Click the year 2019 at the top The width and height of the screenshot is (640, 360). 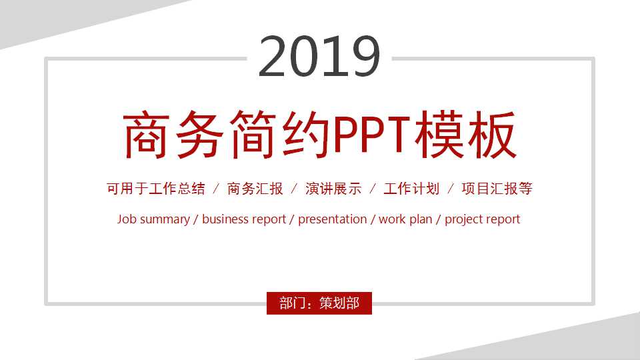point(319,57)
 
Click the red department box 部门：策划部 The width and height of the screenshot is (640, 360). point(319,303)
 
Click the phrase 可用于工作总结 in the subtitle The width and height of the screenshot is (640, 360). point(155,189)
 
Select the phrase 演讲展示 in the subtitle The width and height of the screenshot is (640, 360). point(333,189)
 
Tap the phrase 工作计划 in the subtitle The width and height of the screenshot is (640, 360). point(411,189)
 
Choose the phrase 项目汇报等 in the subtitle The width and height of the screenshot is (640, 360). point(497,189)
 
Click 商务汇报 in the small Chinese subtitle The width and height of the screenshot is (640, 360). point(255,189)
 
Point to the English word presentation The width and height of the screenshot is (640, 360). point(332,219)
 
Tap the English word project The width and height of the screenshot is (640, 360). point(464,219)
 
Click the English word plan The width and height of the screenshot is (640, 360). point(421,219)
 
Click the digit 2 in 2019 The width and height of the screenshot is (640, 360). point(273,57)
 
